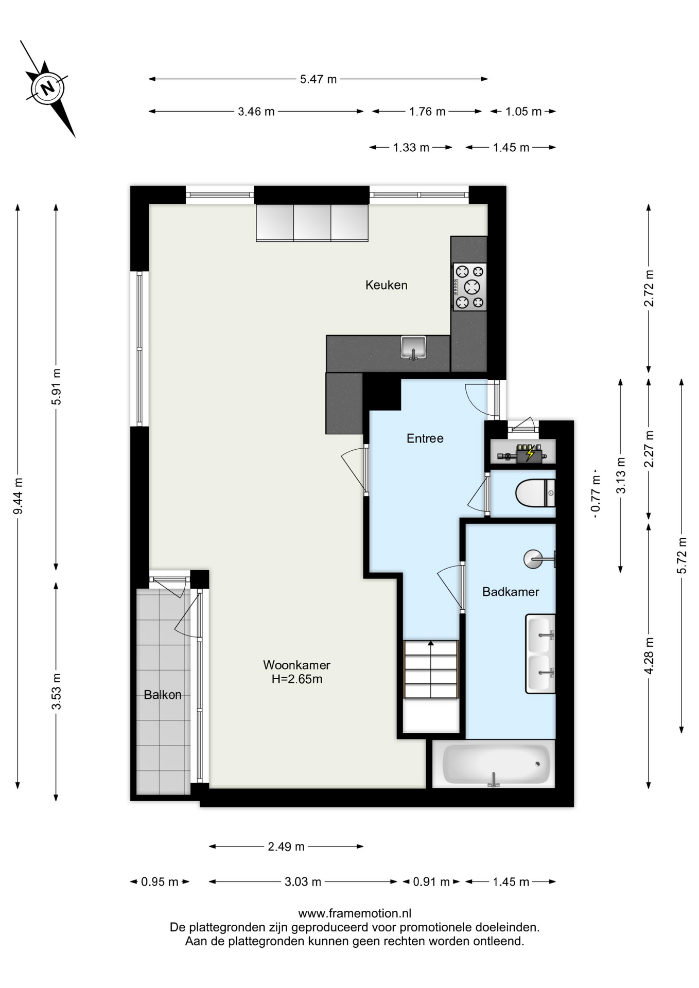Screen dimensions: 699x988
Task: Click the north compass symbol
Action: pos(47,88)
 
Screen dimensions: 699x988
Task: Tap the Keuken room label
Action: pos(386,285)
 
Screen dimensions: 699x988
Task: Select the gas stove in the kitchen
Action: pos(469,287)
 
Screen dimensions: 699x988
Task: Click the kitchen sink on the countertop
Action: pos(413,347)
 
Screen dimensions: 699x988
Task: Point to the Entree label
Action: pos(425,438)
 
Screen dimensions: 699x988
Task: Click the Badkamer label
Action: pos(511,592)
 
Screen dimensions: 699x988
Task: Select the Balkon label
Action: pos(163,695)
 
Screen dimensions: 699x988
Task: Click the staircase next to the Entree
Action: pos(431,669)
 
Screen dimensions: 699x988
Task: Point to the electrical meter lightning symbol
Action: pos(530,454)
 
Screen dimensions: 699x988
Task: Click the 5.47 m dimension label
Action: pos(318,79)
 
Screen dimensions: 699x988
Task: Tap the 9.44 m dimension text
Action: pos(18,496)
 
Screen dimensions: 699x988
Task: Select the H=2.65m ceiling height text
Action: pos(297,679)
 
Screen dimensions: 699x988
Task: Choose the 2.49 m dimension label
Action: pos(286,846)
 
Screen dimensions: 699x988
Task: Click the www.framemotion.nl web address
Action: pos(355,913)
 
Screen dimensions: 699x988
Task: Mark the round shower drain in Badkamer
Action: pos(533,559)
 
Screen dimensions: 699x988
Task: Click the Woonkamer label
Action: pos(296,665)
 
